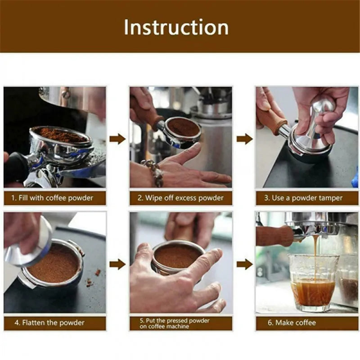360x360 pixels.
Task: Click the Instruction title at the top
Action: point(176,27)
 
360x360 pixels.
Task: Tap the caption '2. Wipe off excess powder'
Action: point(181,198)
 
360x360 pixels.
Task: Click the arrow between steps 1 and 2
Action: point(117,139)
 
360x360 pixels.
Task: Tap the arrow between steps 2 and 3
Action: point(244,139)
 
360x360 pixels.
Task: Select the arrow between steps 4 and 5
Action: point(117,264)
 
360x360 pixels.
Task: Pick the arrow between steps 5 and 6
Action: point(244,264)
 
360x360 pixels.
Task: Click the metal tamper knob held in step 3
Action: point(323,108)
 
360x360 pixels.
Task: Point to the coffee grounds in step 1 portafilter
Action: point(61,134)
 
